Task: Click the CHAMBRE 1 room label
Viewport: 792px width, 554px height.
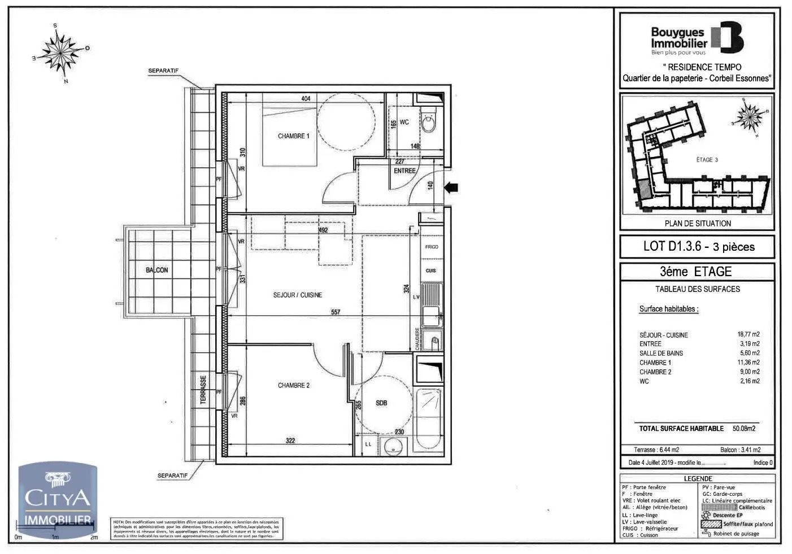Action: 293,136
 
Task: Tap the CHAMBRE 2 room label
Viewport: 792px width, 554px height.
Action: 293,386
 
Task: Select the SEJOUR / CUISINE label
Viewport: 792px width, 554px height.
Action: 297,295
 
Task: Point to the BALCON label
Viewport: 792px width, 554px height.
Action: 156,271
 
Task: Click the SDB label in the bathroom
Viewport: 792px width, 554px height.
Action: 381,403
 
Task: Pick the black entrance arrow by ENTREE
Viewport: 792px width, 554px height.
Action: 453,187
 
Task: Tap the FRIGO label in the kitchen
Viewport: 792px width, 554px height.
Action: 432,247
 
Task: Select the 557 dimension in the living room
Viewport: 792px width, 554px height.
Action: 336,312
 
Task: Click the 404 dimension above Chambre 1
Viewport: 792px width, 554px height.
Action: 306,99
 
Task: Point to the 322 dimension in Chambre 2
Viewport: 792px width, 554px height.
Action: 290,441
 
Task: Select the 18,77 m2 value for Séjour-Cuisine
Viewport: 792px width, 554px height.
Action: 748,334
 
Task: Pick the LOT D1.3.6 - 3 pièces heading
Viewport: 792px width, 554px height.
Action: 698,246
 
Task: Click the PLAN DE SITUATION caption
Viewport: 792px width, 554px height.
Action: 698,224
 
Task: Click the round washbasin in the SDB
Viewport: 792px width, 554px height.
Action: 391,447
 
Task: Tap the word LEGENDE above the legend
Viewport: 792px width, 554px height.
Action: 698,479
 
